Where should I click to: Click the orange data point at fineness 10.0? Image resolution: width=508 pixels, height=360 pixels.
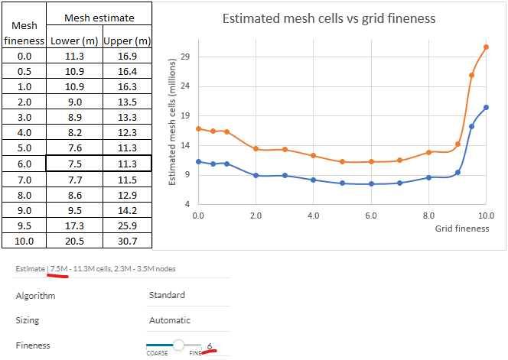click(486, 47)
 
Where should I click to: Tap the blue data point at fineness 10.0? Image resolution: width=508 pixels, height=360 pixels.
click(486, 107)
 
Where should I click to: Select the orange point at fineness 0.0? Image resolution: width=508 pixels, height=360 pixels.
click(198, 128)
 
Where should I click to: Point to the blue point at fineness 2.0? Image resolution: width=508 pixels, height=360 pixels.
click(256, 175)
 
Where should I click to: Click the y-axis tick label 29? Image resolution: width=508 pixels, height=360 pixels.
click(184, 57)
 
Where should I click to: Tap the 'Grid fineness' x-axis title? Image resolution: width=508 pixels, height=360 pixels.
click(462, 228)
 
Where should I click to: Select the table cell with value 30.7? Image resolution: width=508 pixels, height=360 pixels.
click(125, 241)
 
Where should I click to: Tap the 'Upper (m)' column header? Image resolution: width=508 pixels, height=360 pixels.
click(125, 40)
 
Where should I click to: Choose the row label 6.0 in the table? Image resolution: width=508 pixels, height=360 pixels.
click(24, 164)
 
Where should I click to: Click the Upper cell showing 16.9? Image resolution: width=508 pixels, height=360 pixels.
click(125, 56)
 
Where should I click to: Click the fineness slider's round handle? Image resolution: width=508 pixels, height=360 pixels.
click(179, 345)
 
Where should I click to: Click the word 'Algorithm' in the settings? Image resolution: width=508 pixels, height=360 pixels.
click(36, 295)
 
